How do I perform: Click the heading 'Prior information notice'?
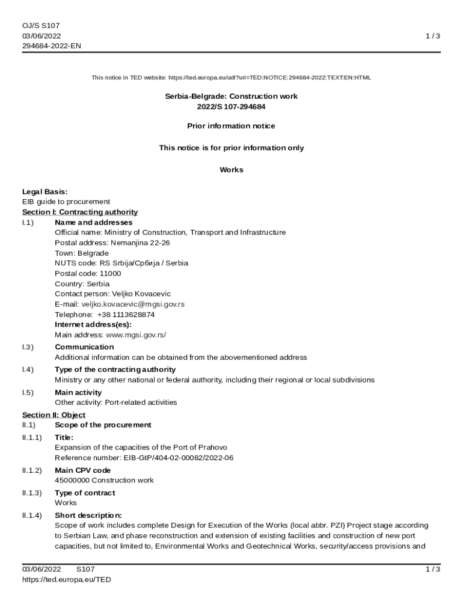pyautogui.click(x=231, y=126)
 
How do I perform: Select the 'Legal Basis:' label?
pyautogui.click(x=44, y=191)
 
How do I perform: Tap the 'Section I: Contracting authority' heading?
pyautogui.click(x=80, y=212)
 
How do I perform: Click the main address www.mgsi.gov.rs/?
pyautogui.click(x=135, y=334)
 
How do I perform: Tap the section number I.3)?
pyautogui.click(x=28, y=346)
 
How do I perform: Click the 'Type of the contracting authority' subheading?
pyautogui.click(x=115, y=369)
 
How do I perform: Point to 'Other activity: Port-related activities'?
pyautogui.click(x=116, y=402)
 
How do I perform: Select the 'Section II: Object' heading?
pyautogui.click(x=54, y=415)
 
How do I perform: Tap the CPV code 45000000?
pyautogui.click(x=72, y=480)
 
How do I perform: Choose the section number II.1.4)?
pyautogui.click(x=32, y=515)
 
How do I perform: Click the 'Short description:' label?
pyautogui.click(x=88, y=515)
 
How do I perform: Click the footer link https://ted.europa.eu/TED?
pyautogui.click(x=67, y=579)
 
